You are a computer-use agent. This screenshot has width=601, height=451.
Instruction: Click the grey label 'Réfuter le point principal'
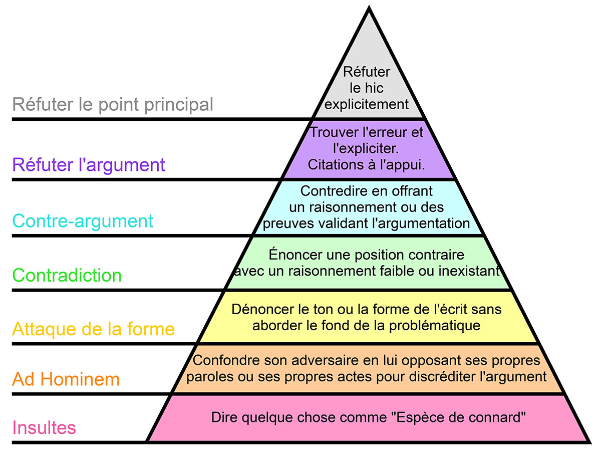click(x=113, y=105)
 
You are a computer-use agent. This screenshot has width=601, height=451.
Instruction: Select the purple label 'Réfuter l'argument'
click(x=89, y=164)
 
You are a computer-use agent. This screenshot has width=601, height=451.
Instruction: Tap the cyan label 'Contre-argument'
click(x=83, y=220)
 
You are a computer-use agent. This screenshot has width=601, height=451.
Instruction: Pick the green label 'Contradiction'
click(x=67, y=275)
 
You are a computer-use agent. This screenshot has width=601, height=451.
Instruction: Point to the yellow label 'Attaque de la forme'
click(x=93, y=329)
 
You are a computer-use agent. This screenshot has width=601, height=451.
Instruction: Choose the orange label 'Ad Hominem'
click(x=66, y=379)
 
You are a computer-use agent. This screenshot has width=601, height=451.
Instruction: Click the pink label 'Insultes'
click(x=44, y=428)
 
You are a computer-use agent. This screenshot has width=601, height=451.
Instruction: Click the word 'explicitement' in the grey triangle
click(x=367, y=105)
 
